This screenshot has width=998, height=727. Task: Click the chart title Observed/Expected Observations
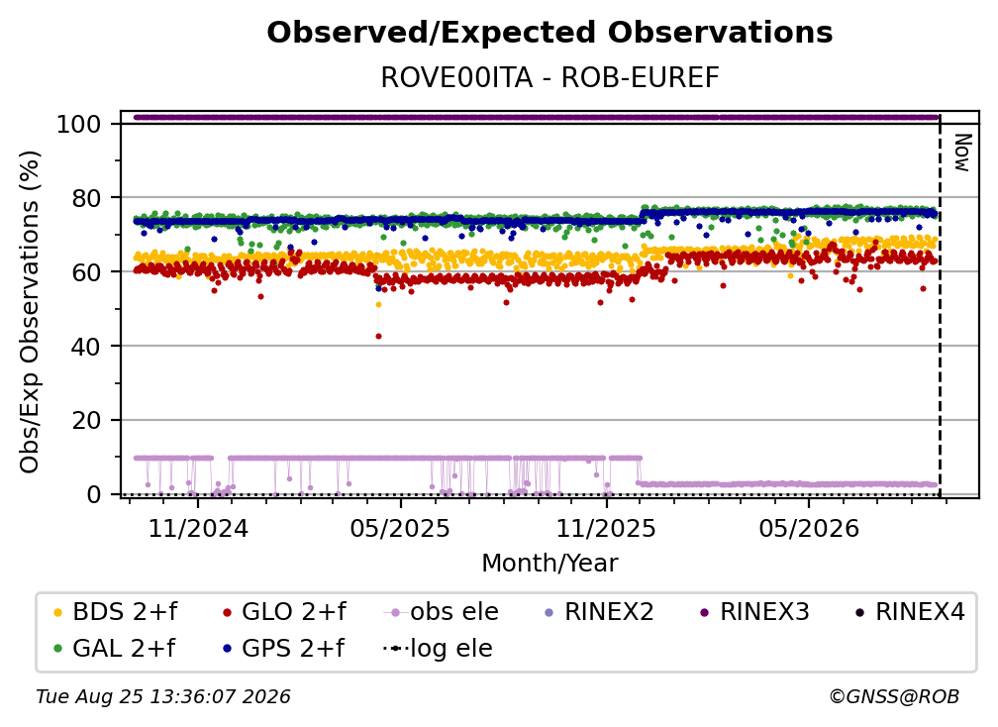549,33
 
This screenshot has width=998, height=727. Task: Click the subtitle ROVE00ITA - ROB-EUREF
549,77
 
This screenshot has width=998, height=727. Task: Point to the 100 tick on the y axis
79,124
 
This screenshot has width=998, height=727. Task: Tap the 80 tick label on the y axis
86,198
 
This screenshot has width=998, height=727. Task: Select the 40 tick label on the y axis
86,347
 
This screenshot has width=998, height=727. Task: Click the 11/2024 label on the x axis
198,528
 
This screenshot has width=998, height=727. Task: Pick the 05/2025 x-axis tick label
400,528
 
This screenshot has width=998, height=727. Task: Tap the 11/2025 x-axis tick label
606,528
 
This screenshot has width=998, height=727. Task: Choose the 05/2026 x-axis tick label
808,528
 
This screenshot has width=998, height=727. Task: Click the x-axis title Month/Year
549,563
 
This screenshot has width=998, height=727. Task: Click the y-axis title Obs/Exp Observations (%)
30,311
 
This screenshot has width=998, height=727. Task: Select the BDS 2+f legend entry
115,612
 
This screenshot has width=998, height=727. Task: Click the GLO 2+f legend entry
284,612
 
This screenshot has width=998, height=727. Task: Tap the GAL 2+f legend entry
114,648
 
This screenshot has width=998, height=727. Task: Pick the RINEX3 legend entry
754,612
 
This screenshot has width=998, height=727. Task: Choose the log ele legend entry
438,648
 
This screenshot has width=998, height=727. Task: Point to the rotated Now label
961,153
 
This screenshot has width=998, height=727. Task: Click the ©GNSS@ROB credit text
894,696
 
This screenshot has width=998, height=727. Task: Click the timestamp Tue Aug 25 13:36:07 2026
163,696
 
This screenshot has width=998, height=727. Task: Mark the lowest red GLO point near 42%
378,336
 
